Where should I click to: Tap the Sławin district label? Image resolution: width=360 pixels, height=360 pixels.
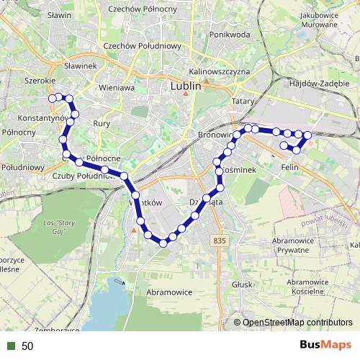[x=58, y=14]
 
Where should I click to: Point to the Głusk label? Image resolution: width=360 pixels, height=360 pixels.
[x=242, y=284]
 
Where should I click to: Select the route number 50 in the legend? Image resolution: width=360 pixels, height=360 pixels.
[x=27, y=346]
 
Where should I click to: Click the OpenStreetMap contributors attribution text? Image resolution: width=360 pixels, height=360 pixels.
[x=297, y=323]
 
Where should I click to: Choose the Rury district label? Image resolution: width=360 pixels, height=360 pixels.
[x=101, y=123]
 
